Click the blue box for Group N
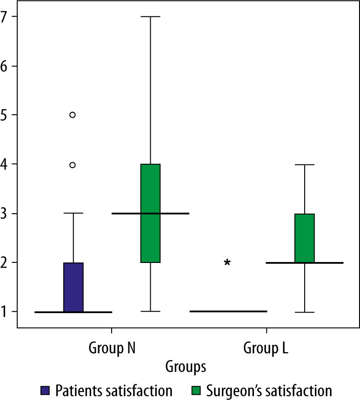pyautogui.click(x=73, y=287)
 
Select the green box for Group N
pyautogui.click(x=150, y=213)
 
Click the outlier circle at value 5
pyautogui.click(x=73, y=115)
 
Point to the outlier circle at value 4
pyautogui.click(x=73, y=164)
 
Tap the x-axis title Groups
pyautogui.click(x=186, y=367)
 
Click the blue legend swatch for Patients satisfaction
pyautogui.click(x=45, y=389)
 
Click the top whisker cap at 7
pyautogui.click(x=150, y=17)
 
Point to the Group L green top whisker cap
pyautogui.click(x=305, y=164)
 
